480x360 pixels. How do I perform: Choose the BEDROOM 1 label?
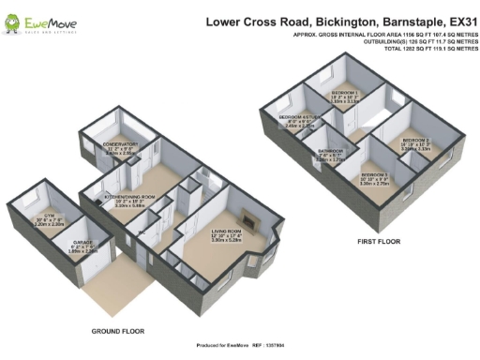[345, 94]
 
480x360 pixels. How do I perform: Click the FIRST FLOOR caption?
[378, 241]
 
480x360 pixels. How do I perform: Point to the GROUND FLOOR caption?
[118, 331]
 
